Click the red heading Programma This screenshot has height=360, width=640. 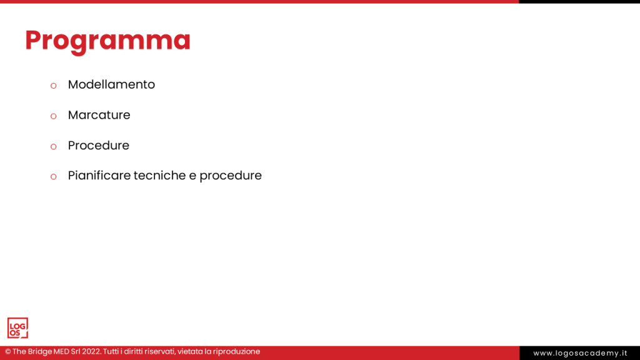[x=107, y=40]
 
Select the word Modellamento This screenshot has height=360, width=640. [x=111, y=84]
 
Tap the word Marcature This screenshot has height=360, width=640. [x=99, y=115]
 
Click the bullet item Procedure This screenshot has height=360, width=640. [x=98, y=146]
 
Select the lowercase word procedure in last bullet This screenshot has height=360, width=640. [x=231, y=176]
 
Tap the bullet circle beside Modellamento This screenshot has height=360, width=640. [x=53, y=86]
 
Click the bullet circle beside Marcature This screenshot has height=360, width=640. [x=53, y=116]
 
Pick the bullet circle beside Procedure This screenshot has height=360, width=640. [x=53, y=146]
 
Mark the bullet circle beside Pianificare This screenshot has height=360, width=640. [x=53, y=177]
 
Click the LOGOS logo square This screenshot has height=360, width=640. [x=17, y=328]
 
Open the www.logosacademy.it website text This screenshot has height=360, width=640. [x=580, y=353]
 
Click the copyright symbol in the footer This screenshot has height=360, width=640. [x=8, y=352]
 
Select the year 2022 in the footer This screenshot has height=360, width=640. [x=91, y=352]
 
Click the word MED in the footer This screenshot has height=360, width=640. [x=64, y=352]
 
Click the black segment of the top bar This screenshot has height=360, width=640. [x=579, y=2]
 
